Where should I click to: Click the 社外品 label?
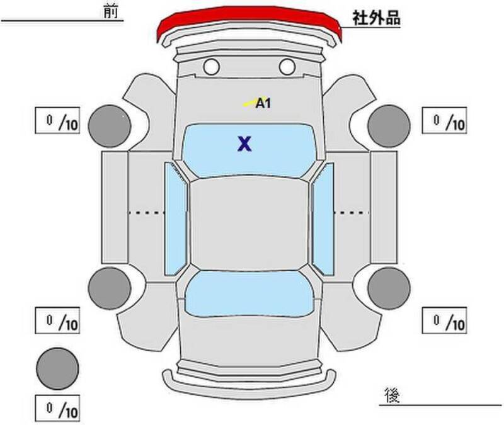tap(376, 18)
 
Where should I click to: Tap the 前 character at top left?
tap(111, 11)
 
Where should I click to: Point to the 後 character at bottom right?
tap(392, 395)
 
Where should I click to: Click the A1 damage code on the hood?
tap(263, 103)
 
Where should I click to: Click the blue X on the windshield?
tap(244, 144)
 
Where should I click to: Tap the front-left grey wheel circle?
tap(110, 126)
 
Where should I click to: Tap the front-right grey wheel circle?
tap(389, 126)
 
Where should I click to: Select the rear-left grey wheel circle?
tap(110, 288)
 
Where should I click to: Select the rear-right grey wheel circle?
tap(389, 288)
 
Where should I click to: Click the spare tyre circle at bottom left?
tap(57, 368)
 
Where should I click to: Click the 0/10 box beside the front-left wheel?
tap(57, 120)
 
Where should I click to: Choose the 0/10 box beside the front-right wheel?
tap(444, 120)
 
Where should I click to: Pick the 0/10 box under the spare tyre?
tap(57, 408)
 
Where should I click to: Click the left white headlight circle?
tap(212, 67)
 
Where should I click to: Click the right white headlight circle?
tap(287, 67)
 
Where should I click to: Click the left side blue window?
tap(176, 219)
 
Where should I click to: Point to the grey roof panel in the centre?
tap(249, 224)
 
